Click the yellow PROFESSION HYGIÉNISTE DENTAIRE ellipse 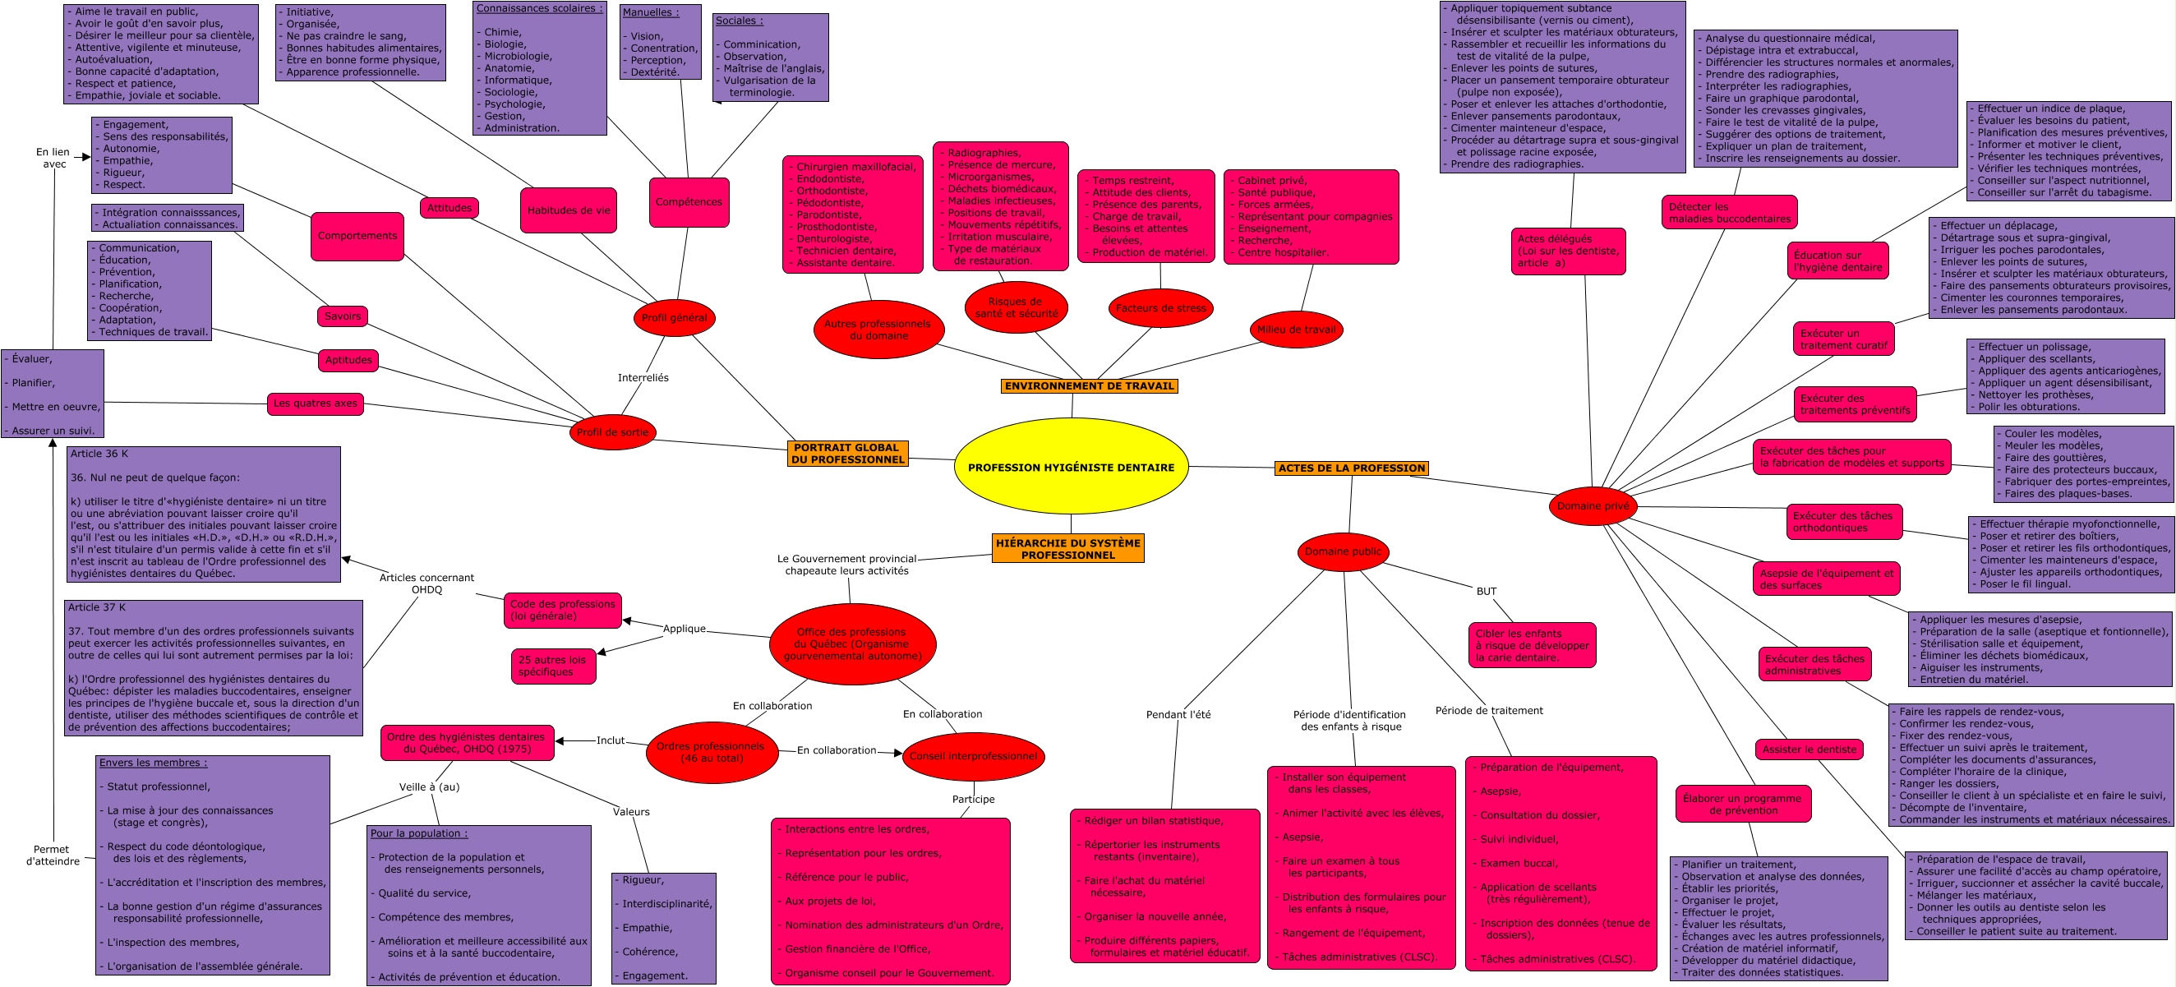point(1070,467)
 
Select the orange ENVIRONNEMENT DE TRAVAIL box point(1089,386)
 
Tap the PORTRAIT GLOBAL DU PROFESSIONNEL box point(847,454)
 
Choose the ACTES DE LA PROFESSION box point(1352,468)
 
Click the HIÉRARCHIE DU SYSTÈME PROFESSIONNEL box point(1067,548)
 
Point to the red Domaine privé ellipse point(1593,506)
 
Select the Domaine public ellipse point(1342,551)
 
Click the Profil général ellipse point(674,318)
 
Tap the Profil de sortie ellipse point(612,432)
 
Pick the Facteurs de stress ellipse point(1160,308)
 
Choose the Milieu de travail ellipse point(1296,330)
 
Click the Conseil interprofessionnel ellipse point(973,756)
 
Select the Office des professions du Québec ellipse point(852,644)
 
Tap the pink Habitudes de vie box point(569,210)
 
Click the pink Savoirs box point(342,316)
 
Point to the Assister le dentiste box point(1809,749)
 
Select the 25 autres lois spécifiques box point(553,666)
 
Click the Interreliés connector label point(643,378)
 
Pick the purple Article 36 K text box point(204,514)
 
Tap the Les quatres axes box point(315,403)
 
